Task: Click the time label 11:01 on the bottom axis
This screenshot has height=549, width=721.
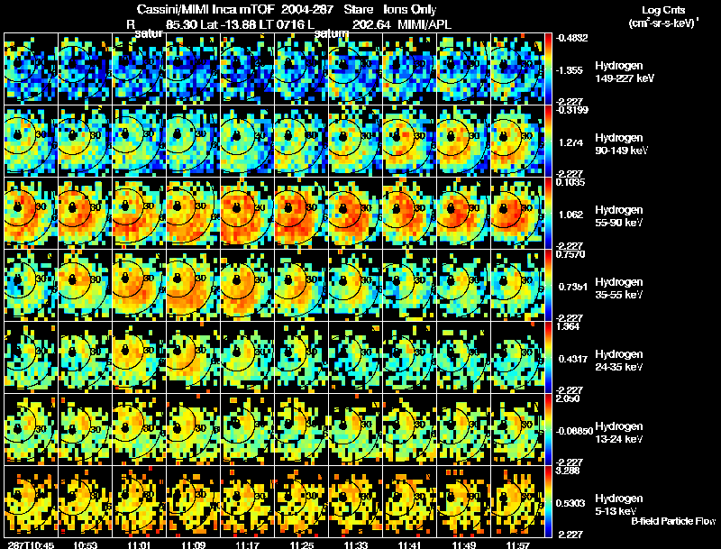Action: [139, 544]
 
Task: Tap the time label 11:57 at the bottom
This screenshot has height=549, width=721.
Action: [517, 544]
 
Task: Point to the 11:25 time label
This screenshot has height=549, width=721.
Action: [301, 544]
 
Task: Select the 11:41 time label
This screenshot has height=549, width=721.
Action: [409, 544]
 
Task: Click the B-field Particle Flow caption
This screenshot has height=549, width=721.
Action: [672, 521]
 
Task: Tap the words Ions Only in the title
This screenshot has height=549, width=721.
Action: [410, 8]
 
